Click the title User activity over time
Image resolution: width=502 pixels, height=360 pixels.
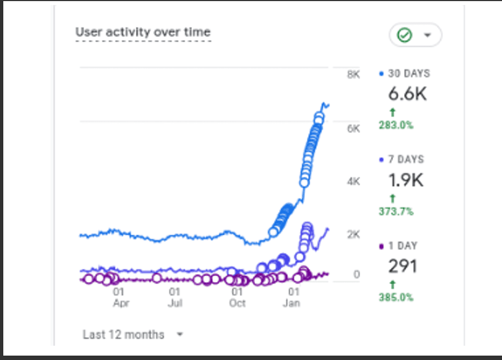(143, 32)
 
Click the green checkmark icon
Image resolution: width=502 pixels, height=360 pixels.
(405, 35)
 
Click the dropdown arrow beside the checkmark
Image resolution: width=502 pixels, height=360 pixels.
(427, 35)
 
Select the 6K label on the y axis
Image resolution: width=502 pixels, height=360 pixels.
(353, 128)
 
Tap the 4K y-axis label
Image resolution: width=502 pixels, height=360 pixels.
(353, 181)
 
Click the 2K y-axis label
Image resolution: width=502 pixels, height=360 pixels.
(353, 235)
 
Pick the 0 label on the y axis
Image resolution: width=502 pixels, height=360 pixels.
(356, 274)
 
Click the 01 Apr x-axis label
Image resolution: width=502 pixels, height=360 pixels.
(120, 297)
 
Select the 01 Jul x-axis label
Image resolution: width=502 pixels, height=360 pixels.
(175, 297)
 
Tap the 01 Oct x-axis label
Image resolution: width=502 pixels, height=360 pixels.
(238, 297)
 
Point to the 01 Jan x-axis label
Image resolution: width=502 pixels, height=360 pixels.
(294, 297)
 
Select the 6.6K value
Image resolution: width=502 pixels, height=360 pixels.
(407, 94)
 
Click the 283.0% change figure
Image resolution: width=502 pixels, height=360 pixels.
(396, 125)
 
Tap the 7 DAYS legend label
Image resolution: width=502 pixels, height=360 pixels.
(406, 160)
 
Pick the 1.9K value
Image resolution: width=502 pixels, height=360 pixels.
(406, 180)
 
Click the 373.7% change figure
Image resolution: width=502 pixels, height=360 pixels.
(396, 212)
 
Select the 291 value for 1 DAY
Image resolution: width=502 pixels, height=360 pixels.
(402, 267)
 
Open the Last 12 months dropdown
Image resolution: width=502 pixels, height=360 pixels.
(133, 334)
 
